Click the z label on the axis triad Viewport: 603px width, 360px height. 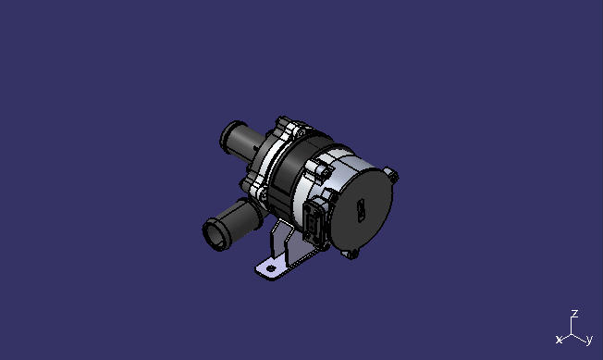tap(574, 315)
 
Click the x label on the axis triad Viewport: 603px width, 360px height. tap(559, 340)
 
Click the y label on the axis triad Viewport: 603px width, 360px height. tap(589, 340)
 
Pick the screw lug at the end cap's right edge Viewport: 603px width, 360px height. tap(393, 173)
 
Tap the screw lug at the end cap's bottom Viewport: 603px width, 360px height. tap(351, 252)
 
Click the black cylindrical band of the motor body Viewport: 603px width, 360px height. tap(294, 176)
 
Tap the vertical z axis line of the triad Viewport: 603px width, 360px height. tap(574, 325)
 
